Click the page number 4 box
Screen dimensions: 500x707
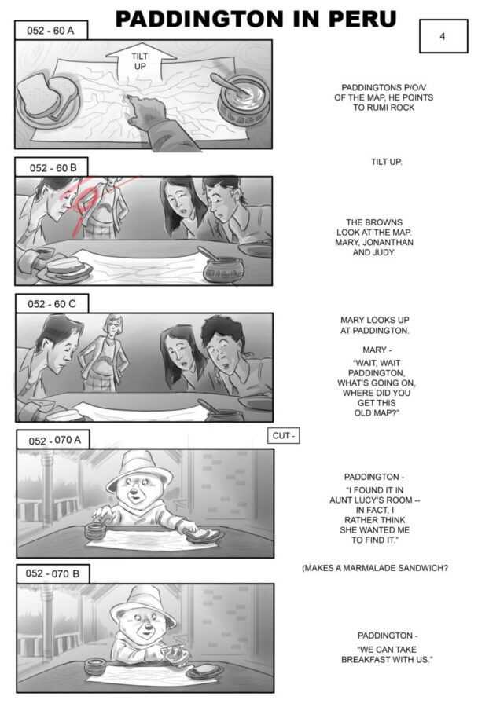443,36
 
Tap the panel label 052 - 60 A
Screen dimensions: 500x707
50,30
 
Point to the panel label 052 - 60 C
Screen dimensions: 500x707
52,303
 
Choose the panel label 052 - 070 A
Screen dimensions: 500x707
53,440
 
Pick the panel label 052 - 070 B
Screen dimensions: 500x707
53,573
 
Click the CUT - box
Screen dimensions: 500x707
283,435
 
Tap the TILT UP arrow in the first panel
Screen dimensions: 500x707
141,60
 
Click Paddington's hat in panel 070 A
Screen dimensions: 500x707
139,471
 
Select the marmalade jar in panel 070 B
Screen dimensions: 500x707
95,666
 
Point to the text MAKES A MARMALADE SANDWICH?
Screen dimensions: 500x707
375,568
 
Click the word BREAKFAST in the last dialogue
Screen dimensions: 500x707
365,660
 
